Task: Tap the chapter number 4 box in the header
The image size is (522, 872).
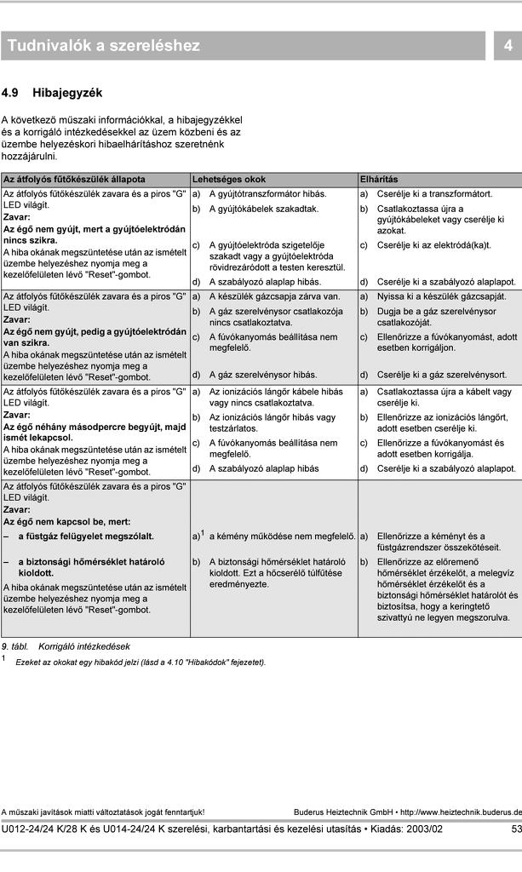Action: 508,46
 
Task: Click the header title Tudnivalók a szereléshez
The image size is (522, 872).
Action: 104,46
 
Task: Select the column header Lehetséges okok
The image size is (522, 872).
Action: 229,180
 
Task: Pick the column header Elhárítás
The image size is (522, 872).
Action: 379,180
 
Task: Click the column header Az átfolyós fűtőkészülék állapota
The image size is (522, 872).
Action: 75,180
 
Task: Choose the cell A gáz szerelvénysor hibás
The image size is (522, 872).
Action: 263,374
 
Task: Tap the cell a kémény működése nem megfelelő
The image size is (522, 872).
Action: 281,536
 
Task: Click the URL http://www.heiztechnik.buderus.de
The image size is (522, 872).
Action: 461,812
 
